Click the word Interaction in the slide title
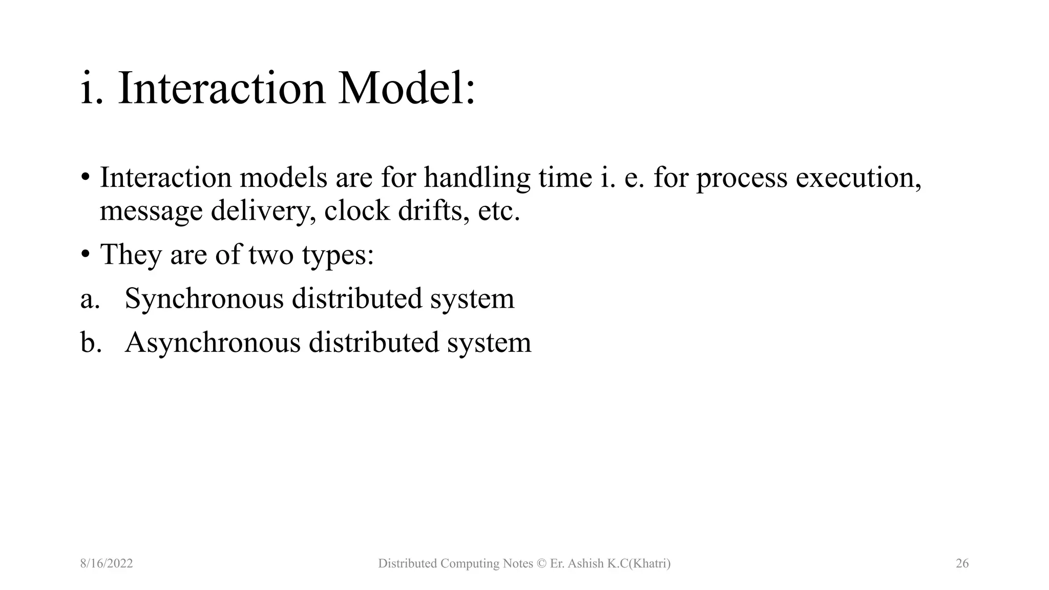point(221,89)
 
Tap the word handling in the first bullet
point(477,178)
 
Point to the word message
point(151,211)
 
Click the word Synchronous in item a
point(204,299)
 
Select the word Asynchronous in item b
point(213,343)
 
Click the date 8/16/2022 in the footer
point(107,564)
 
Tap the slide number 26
point(962,564)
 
